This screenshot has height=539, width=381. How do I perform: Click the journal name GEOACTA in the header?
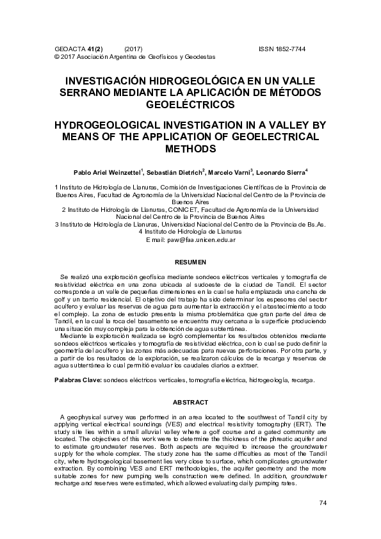[x=69, y=49]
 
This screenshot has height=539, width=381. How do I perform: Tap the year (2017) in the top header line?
[x=133, y=49]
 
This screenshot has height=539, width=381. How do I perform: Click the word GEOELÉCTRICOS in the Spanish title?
[x=190, y=104]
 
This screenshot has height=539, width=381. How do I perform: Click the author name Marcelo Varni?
[x=231, y=173]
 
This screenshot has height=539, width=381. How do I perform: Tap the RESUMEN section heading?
[x=190, y=262]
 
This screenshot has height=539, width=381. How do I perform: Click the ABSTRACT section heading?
[x=190, y=402]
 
